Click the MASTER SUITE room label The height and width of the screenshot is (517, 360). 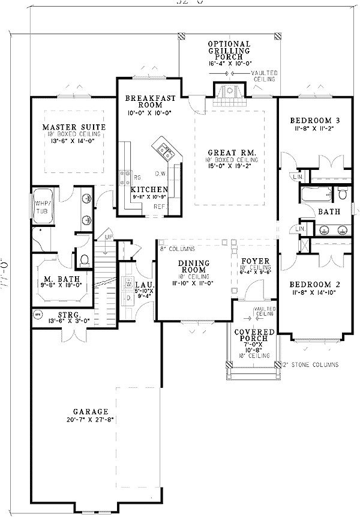[x=74, y=127]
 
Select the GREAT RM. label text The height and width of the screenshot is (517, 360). [x=231, y=153]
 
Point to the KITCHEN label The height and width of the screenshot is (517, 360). [x=149, y=189]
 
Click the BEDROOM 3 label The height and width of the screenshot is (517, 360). [x=310, y=119]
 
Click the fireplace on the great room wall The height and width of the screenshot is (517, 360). [x=227, y=92]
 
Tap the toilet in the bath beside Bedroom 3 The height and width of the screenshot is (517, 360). [x=343, y=194]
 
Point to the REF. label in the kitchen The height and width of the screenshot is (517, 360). [x=159, y=207]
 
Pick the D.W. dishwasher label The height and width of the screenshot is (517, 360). [x=160, y=174]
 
